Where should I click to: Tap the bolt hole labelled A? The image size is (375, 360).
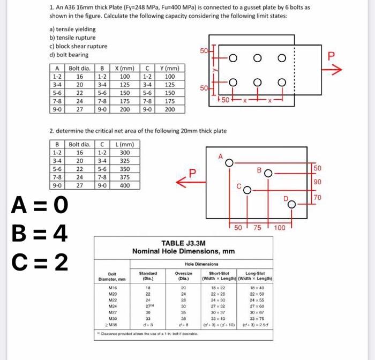(x=229, y=162)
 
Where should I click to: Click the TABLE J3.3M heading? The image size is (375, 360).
(x=183, y=243)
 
